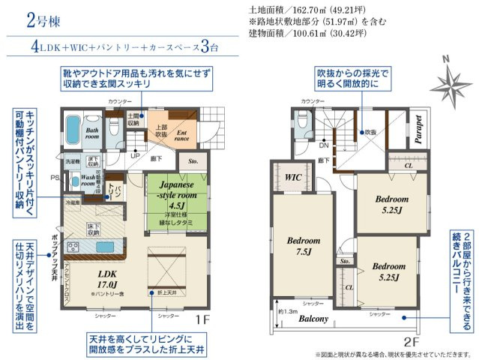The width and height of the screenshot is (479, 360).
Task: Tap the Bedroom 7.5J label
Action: (x=304, y=245)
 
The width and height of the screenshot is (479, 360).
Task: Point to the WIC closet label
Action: (x=293, y=177)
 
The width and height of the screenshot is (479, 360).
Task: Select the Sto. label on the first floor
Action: (x=193, y=160)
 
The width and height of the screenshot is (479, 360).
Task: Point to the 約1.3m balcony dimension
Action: (x=287, y=310)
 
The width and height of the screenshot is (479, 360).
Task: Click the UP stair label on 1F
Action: (x=134, y=156)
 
